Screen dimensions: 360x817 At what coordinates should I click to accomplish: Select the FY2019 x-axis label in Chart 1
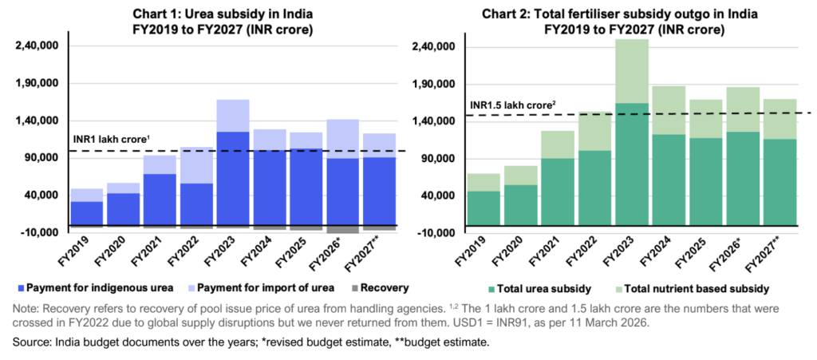click(82, 250)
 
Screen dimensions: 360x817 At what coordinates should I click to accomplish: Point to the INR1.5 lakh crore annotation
click(512, 105)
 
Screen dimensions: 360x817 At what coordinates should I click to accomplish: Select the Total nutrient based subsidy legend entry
click(696, 287)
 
